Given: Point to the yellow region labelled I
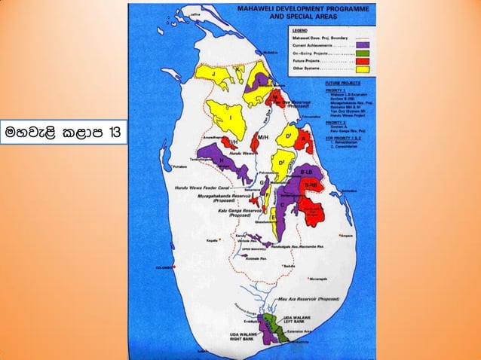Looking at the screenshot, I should (x=229, y=117).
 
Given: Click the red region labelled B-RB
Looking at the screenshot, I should (x=311, y=193).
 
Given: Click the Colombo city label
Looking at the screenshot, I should (x=164, y=267).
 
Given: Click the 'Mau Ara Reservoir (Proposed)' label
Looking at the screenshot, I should (x=309, y=298).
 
